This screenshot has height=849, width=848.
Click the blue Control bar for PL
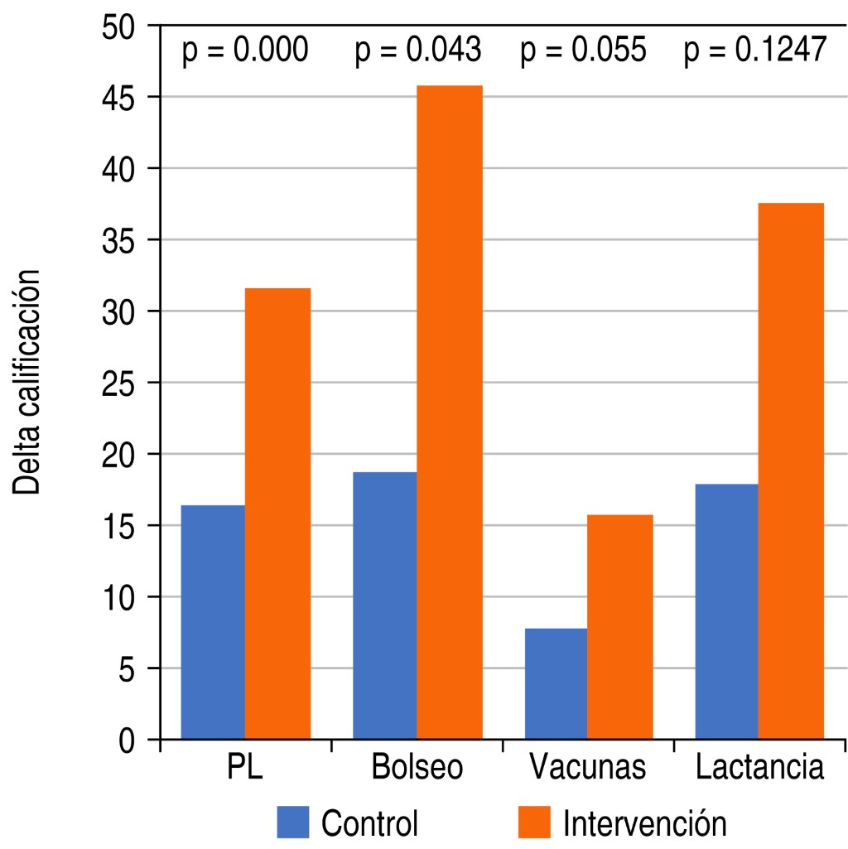(213, 621)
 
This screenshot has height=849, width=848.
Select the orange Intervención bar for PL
(277, 514)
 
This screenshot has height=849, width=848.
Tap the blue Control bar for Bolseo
(384, 605)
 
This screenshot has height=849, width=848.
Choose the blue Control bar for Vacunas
(556, 683)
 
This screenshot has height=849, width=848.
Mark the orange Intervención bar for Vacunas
(620, 626)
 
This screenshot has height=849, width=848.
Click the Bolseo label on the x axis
(417, 768)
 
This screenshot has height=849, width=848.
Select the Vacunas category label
(588, 768)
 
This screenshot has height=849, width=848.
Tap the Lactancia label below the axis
(760, 768)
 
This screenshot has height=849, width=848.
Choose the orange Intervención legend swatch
(534, 822)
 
